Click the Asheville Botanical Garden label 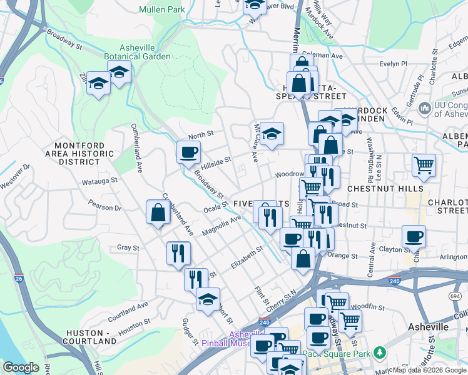pyautogui.click(x=145, y=51)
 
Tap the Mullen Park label pyautogui.click(x=161, y=9)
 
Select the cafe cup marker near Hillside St pyautogui.click(x=188, y=152)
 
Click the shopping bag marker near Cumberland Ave pyautogui.click(x=158, y=212)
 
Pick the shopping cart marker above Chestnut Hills pyautogui.click(x=424, y=165)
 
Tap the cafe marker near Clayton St pyautogui.click(x=414, y=237)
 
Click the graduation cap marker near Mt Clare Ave pyautogui.click(x=272, y=134)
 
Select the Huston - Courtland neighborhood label pyautogui.click(x=91, y=337)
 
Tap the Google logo pyautogui.click(x=21, y=367)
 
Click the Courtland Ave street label pyautogui.click(x=128, y=309)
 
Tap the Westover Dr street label pyautogui.click(x=15, y=177)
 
